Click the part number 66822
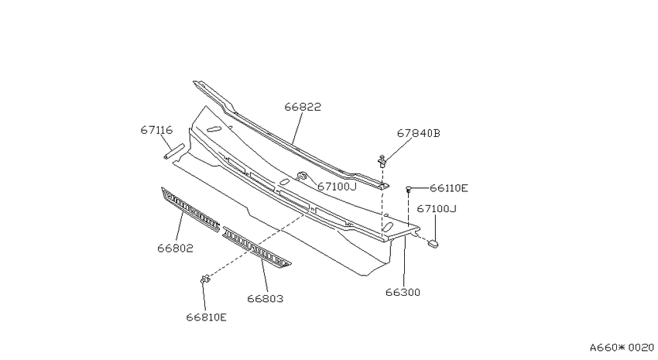[x=303, y=107]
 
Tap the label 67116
[x=156, y=130]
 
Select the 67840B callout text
[x=418, y=133]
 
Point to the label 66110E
[x=448, y=188]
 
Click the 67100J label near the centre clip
[x=337, y=187]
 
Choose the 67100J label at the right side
[x=437, y=208]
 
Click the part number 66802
[x=176, y=249]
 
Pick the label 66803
[x=266, y=299]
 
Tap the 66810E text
[x=207, y=317]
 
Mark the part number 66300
[x=403, y=293]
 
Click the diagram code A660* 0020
[x=622, y=348]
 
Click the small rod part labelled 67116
[x=174, y=152]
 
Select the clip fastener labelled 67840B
[x=382, y=161]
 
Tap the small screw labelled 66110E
[x=408, y=190]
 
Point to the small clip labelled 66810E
[x=205, y=279]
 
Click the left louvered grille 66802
[x=190, y=209]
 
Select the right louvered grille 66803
[x=256, y=247]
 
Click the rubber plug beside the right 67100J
[x=433, y=243]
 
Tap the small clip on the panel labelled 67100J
[x=302, y=176]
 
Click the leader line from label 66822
[x=297, y=128]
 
